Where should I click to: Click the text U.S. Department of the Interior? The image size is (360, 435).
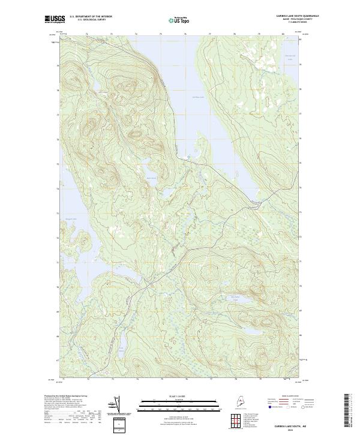click(x=91, y=16)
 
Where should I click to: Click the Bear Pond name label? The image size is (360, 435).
click(x=151, y=178)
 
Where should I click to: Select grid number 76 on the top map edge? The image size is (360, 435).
click(x=185, y=34)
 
